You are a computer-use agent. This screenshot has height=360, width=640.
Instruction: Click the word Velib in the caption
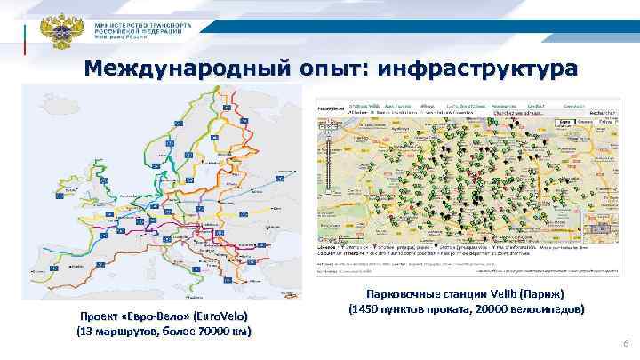click(x=505, y=294)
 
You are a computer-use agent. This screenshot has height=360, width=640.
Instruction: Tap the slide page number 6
click(x=626, y=343)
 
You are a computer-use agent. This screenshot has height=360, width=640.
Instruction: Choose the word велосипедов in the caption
click(x=550, y=310)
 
